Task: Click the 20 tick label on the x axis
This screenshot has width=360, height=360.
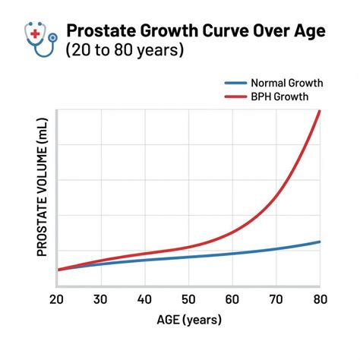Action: (x=58, y=299)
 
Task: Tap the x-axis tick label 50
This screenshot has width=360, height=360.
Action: (x=188, y=299)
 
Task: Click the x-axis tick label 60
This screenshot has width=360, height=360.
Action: (x=232, y=299)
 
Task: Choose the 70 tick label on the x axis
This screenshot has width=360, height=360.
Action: (x=276, y=299)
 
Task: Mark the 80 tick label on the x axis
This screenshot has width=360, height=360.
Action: (x=319, y=299)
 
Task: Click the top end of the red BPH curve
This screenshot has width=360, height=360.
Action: (x=320, y=112)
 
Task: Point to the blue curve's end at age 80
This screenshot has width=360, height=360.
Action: (x=320, y=242)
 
